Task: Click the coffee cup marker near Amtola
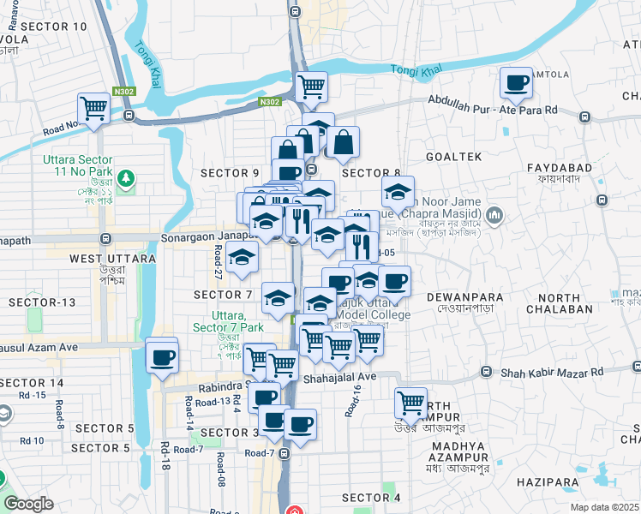coord(516,83)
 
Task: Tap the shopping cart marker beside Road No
coord(93,109)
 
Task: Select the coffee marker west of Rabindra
coord(161,358)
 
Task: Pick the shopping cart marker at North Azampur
coord(411,402)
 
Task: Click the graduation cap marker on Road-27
coord(243,256)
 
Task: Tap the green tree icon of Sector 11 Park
coord(127,178)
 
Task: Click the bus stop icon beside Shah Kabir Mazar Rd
coord(486,372)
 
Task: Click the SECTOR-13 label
coord(42,302)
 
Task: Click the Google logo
coord(28,504)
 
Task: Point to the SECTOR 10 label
coord(53,27)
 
